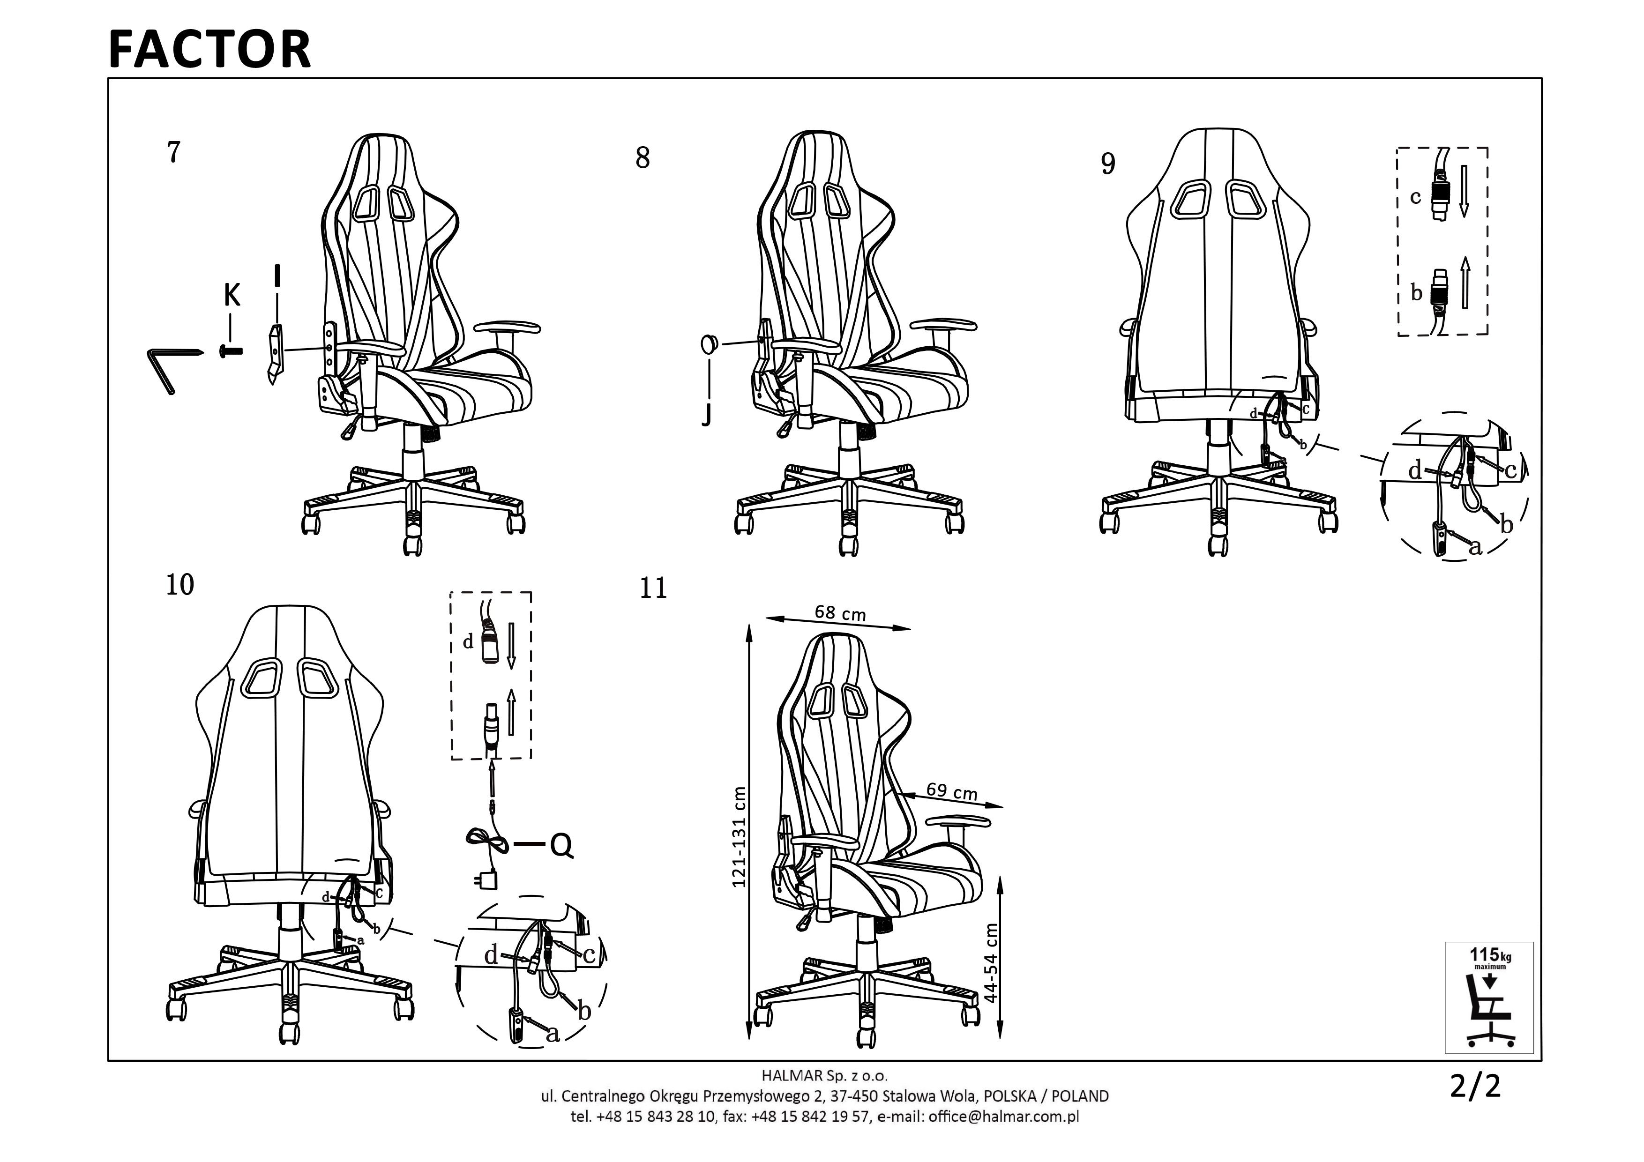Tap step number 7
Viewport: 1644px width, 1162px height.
[173, 152]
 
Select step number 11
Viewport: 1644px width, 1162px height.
[653, 588]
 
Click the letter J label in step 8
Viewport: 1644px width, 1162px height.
[707, 414]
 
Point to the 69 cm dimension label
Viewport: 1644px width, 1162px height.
[952, 791]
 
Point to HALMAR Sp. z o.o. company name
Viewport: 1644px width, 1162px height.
[824, 1075]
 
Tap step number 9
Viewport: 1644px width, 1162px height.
[1108, 164]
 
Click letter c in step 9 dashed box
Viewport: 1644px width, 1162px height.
[1415, 197]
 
